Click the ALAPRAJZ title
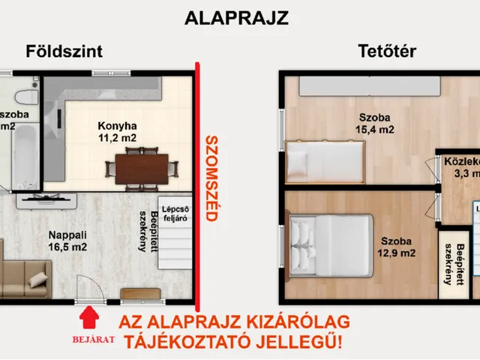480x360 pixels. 236,19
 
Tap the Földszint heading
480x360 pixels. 64,52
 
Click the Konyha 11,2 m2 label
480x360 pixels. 117,132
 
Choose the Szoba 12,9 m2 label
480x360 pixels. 397,247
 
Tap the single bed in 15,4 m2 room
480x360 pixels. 326,158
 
